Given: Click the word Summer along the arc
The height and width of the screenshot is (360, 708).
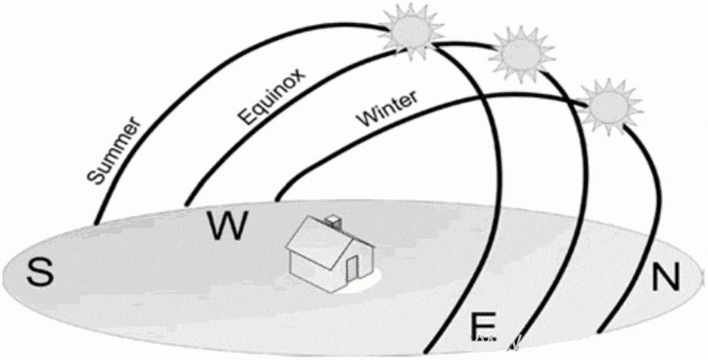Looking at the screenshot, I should click(x=115, y=150).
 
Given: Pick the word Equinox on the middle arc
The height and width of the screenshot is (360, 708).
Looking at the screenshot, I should click(x=272, y=99).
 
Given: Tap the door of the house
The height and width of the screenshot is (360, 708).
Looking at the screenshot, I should click(x=354, y=267).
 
